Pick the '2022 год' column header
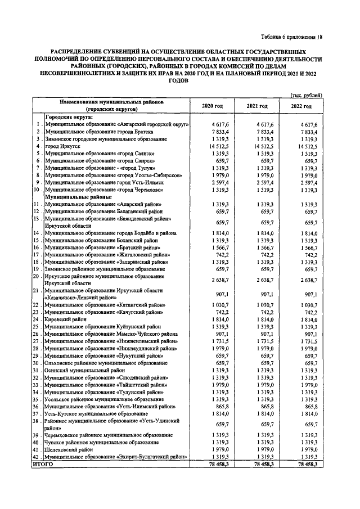click(302, 106)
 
